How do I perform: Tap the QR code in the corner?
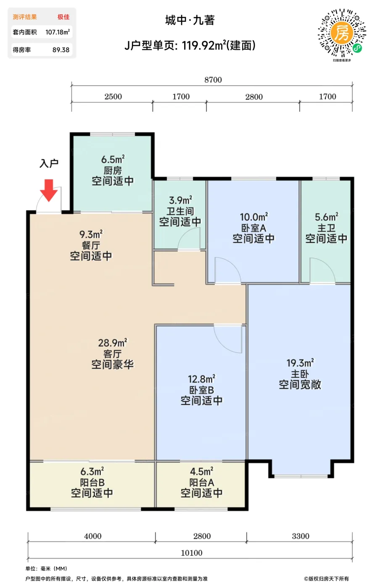(342, 33)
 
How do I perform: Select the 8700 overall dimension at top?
(213, 80)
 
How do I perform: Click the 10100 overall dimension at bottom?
(192, 553)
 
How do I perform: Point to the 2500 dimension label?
(113, 97)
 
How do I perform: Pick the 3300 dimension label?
(301, 536)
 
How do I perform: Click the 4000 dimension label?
(93, 536)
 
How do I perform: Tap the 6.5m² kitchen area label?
(113, 159)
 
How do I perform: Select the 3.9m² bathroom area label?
(180, 200)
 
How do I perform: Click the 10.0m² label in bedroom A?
(254, 217)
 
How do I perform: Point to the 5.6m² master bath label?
(327, 217)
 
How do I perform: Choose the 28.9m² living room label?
(113, 343)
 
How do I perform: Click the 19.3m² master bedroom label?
(300, 363)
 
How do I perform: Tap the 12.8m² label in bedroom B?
(202, 379)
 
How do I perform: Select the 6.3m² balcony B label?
(92, 471)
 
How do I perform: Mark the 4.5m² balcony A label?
(202, 471)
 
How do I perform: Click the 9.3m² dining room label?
(91, 234)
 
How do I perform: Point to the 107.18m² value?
(58, 32)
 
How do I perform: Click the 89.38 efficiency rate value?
(61, 50)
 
